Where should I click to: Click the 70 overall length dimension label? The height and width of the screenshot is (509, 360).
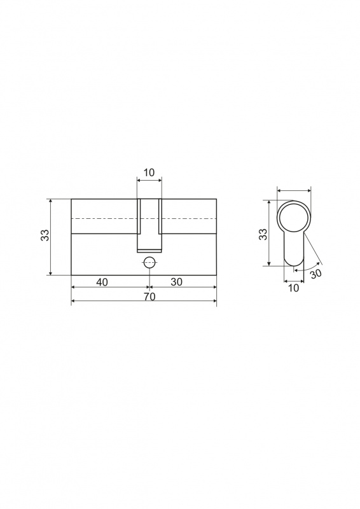click(x=149, y=296)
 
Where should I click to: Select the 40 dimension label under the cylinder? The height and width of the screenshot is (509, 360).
click(x=102, y=282)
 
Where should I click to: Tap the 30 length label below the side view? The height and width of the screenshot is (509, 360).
click(x=177, y=282)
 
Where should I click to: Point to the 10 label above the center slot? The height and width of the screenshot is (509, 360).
click(x=149, y=172)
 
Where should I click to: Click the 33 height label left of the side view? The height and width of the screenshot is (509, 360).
click(x=45, y=235)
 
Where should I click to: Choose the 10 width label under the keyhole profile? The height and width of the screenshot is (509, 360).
click(x=293, y=288)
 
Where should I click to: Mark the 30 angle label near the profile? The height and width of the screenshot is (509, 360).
click(x=315, y=274)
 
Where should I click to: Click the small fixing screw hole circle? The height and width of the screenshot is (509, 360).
click(x=149, y=262)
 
